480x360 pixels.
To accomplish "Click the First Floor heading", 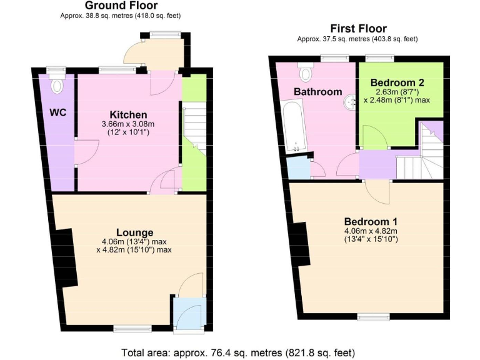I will pyautogui.click(x=358, y=28).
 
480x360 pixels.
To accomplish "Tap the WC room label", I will pyautogui.click(x=58, y=112).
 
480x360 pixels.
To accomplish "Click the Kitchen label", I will pyautogui.click(x=128, y=114).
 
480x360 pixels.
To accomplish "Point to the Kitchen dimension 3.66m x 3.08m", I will pyautogui.click(x=127, y=124).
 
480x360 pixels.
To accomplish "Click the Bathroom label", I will pyautogui.click(x=318, y=92).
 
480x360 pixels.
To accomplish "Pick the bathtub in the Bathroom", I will pyautogui.click(x=293, y=128).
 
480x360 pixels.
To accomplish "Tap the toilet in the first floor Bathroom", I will pyautogui.click(x=306, y=74).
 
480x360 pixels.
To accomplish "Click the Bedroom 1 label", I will pyautogui.click(x=371, y=221).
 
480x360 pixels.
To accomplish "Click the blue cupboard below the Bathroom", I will pyautogui.click(x=298, y=169).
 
